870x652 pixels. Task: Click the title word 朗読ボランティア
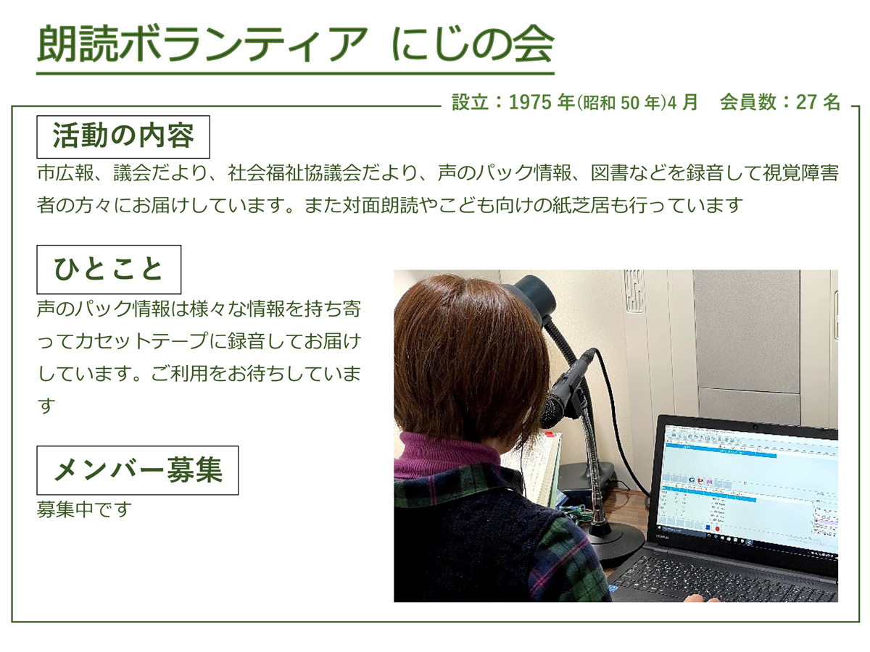tap(203, 43)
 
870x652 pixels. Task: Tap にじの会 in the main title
tap(473, 43)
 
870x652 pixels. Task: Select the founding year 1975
tap(530, 102)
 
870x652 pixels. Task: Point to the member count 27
tap(806, 102)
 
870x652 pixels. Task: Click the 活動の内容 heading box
tap(123, 137)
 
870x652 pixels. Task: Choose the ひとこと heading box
tap(109, 269)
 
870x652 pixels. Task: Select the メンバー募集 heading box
tap(138, 470)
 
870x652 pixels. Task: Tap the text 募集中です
tap(84, 509)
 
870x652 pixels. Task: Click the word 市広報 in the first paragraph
tap(66, 173)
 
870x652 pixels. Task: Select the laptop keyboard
tap(725, 579)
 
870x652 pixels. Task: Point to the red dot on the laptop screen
tap(718, 529)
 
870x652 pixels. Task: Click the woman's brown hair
tap(468, 356)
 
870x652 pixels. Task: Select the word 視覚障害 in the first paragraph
tap(800, 173)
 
